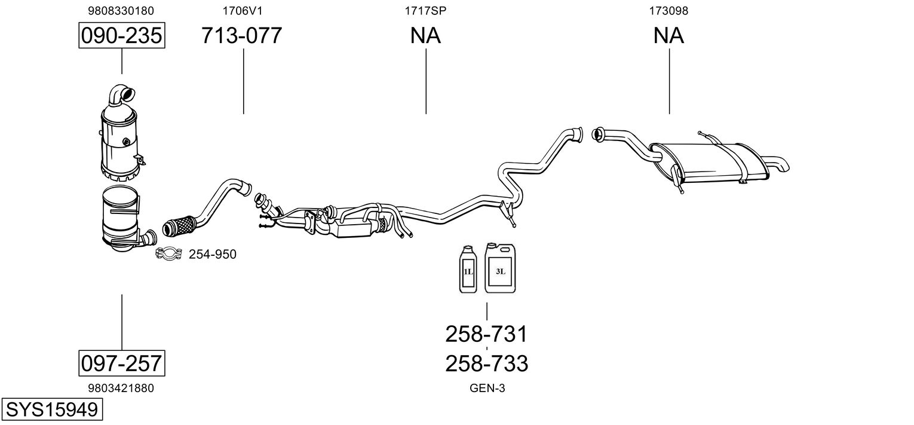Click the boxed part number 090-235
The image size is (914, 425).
click(122, 36)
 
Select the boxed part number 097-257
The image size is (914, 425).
click(122, 363)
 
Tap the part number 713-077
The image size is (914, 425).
click(241, 36)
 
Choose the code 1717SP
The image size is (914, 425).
click(425, 11)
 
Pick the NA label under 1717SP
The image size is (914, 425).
click(425, 36)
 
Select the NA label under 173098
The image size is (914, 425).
click(668, 36)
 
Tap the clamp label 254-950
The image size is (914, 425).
click(213, 255)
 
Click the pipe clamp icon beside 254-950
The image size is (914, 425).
click(168, 254)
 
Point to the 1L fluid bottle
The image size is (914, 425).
click(468, 270)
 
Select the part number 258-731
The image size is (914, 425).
click(486, 334)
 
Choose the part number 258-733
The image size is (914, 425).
click(486, 363)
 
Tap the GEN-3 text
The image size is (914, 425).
click(487, 389)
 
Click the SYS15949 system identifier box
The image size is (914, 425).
click(51, 410)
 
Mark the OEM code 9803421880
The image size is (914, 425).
click(121, 388)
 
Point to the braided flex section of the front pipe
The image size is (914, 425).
click(179, 226)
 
